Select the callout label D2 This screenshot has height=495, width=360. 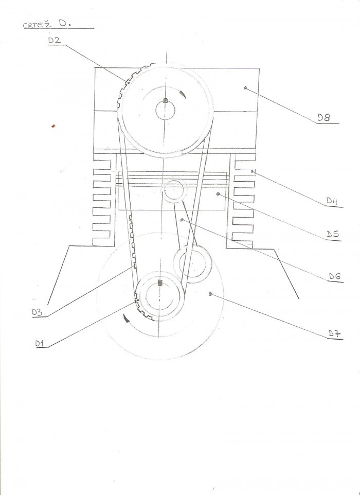pyautogui.click(x=55, y=40)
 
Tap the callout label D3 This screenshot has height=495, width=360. pyautogui.click(x=37, y=312)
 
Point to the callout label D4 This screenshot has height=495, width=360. pyautogui.click(x=332, y=201)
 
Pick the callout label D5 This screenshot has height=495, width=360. pyautogui.click(x=333, y=234)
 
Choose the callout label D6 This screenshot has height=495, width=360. pyautogui.click(x=335, y=276)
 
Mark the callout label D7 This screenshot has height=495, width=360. pyautogui.click(x=334, y=333)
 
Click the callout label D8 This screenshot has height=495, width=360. pyautogui.click(x=323, y=118)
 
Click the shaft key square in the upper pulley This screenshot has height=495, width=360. pyautogui.click(x=165, y=101)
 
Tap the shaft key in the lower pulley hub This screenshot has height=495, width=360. pyautogui.click(x=159, y=283)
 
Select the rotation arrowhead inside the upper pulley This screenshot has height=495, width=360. pyautogui.click(x=182, y=94)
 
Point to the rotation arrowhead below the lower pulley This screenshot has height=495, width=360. pyautogui.click(x=126, y=319)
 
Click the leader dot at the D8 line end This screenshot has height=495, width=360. pyautogui.click(x=245, y=88)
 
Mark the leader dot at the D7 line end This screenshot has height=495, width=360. pyautogui.click(x=210, y=294)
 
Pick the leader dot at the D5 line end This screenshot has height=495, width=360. pyautogui.click(x=218, y=193)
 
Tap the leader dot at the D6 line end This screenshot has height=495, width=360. pyautogui.click(x=182, y=220)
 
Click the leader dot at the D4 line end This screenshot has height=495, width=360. pyautogui.click(x=253, y=171)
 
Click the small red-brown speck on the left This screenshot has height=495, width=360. pyautogui.click(x=53, y=126)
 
